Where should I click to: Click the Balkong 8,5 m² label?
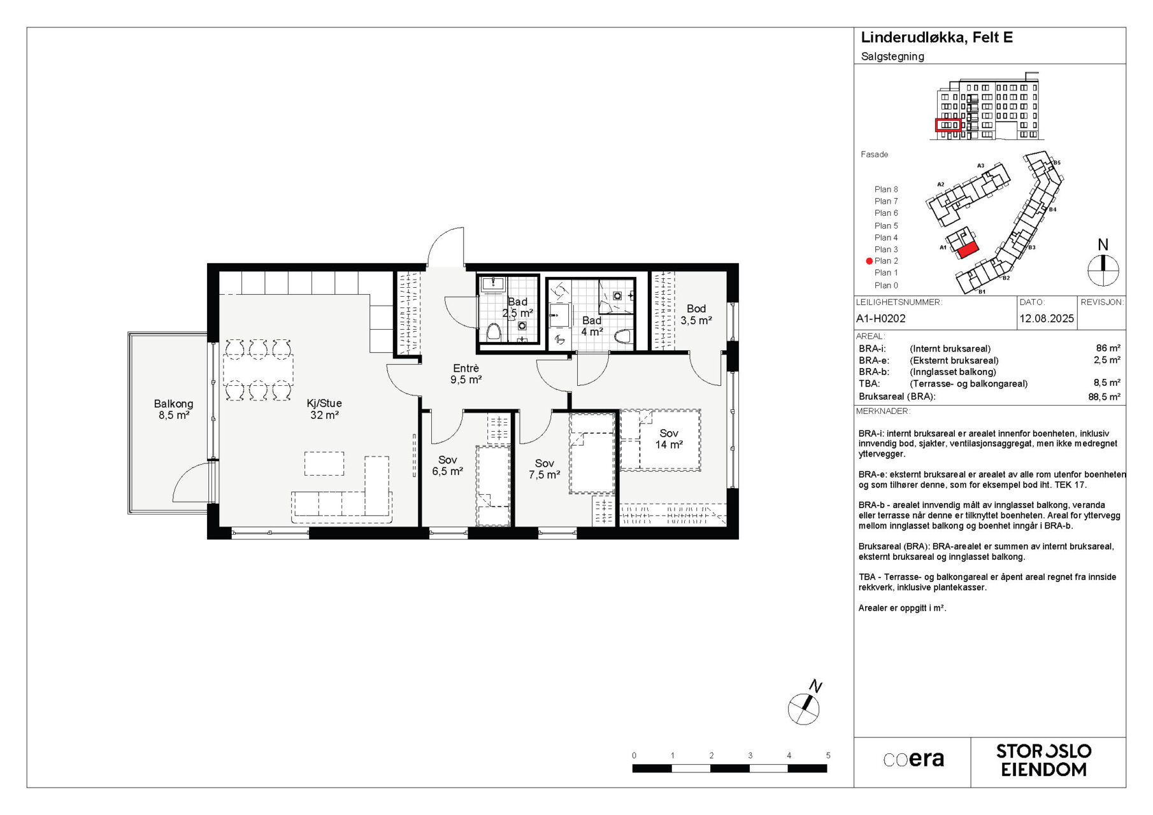click(173, 409)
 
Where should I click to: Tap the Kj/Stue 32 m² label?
click(324, 409)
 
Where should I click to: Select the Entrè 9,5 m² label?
click(466, 374)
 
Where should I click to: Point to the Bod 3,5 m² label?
click(696, 315)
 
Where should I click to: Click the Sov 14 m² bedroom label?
click(669, 439)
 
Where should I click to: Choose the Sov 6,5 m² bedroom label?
click(447, 465)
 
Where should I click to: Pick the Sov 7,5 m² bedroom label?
click(544, 469)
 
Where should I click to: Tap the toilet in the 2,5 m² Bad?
click(493, 332)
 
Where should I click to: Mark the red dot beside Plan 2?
click(869, 261)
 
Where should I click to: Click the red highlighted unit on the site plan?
click(967, 249)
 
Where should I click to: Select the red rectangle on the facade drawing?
click(948, 125)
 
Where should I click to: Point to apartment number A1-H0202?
click(881, 318)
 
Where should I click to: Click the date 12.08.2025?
click(1047, 318)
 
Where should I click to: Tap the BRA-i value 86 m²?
click(1108, 348)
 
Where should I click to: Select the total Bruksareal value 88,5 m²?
click(1104, 397)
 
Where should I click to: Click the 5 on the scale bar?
click(828, 756)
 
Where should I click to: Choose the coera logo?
click(913, 759)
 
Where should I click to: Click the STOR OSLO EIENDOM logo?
click(1043, 760)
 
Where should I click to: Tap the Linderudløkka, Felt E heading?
click(936, 38)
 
